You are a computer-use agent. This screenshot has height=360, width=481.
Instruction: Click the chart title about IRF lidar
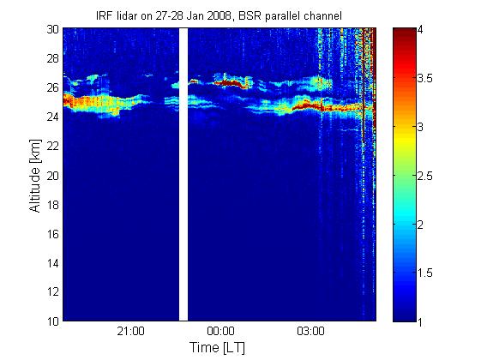[219, 16]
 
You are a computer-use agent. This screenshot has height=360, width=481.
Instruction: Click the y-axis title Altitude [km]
[35, 176]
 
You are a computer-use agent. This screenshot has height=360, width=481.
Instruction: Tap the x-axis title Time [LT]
[218, 348]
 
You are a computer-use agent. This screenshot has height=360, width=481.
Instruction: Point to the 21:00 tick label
[130, 332]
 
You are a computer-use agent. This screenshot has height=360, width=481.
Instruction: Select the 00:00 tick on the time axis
[220, 332]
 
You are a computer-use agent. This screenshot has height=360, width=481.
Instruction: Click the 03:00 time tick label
[310, 332]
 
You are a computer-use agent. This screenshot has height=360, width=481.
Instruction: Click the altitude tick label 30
[53, 29]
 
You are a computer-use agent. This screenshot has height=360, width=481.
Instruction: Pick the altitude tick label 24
[53, 117]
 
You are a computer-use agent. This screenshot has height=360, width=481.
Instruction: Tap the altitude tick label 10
[53, 321]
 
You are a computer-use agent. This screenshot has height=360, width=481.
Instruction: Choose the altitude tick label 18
[53, 205]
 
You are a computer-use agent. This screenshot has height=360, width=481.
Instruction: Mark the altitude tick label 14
[53, 263]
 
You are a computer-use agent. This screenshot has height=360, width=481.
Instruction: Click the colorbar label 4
[420, 30]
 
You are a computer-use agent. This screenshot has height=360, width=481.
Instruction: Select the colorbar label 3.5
[425, 78]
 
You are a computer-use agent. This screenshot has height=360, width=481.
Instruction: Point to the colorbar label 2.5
[425, 176]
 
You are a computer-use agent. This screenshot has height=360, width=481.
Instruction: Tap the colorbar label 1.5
[425, 273]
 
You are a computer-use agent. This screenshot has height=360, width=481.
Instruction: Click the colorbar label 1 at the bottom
[420, 321]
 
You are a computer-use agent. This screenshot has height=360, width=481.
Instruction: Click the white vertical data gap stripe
[183, 175]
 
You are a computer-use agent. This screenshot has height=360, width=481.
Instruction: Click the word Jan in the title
[195, 15]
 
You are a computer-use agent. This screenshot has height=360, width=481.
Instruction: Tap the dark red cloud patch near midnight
[231, 83]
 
